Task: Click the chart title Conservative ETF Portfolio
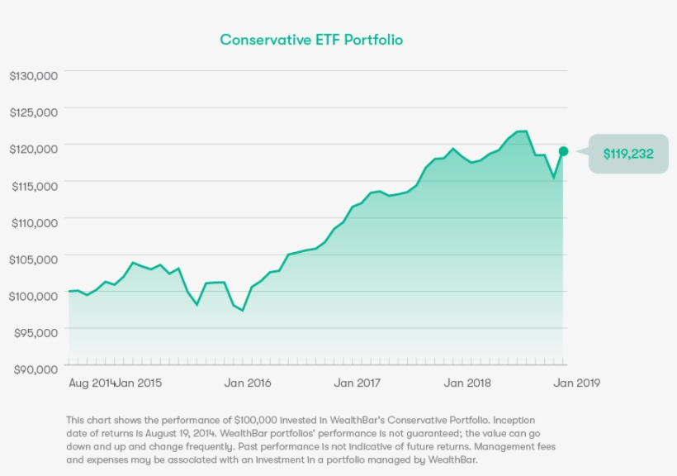coord(310,40)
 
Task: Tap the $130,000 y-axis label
coord(33,75)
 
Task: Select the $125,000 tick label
coord(33,112)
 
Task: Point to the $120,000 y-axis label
coord(33,149)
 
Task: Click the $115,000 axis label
coord(33,186)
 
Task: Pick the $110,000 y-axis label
coord(33,222)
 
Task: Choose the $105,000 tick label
coord(33,259)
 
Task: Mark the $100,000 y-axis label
coord(33,295)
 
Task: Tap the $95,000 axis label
coord(35,332)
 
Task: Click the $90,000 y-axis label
coord(35,369)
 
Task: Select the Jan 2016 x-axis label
coord(248,383)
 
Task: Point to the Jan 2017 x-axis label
coord(357,383)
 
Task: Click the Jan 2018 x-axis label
coord(466,383)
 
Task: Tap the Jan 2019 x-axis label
coord(576,383)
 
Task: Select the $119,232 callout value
coord(628,154)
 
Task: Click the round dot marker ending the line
coord(563,151)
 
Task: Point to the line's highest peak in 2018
coord(522,131)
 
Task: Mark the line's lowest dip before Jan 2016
coord(243,311)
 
